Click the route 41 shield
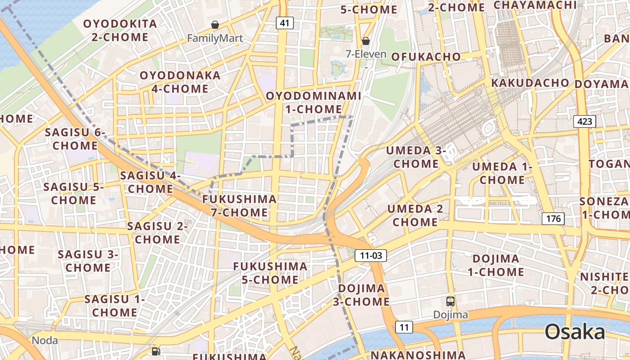click(x=284, y=23)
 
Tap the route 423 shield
click(x=585, y=121)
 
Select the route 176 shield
click(x=553, y=219)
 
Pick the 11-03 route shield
click(x=371, y=256)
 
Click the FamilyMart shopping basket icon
click(x=215, y=25)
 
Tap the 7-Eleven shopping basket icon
click(x=366, y=41)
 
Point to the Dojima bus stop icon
click(x=450, y=301)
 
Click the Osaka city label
click(x=575, y=332)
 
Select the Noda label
click(x=45, y=340)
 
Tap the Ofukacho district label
click(x=426, y=57)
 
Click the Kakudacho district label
click(x=530, y=83)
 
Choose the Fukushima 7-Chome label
click(x=239, y=206)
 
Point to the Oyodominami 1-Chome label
click(x=314, y=102)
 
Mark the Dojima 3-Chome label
click(x=361, y=295)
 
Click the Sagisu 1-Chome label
click(x=115, y=306)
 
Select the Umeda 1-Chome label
click(x=502, y=173)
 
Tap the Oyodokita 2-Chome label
click(x=120, y=30)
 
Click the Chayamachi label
click(x=535, y=5)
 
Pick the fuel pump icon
click(x=156, y=351)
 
